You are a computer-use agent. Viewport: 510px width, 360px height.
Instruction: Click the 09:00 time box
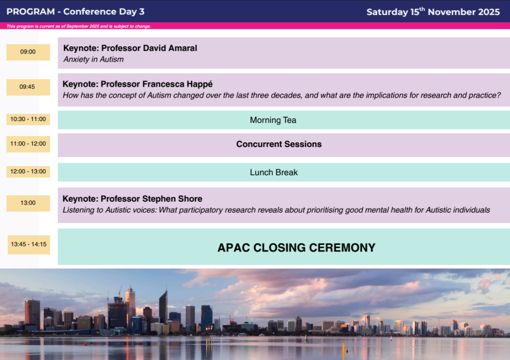coord(28,52)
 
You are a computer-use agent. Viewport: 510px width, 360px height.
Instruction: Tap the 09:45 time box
coord(28,87)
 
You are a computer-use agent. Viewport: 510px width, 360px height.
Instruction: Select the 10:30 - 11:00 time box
coord(28,120)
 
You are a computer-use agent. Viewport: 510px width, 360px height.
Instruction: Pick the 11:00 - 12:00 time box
coord(28,144)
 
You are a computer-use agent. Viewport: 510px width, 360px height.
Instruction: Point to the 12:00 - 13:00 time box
coord(28,172)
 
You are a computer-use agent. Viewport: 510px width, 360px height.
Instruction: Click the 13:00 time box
coord(28,203)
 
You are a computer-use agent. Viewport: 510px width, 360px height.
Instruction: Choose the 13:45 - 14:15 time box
coord(29,244)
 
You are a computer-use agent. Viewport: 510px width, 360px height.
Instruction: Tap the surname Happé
coord(199,84)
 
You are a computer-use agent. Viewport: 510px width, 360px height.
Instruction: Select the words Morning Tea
coord(273,120)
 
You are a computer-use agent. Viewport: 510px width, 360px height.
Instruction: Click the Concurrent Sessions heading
coord(279,144)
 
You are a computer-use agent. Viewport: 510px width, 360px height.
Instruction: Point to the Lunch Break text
coord(273,172)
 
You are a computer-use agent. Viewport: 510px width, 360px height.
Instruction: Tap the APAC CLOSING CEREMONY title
coord(296,247)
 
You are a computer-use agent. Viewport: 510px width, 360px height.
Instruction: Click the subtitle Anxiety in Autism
coord(94,59)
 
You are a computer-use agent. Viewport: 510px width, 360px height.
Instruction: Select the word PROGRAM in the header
coord(30,12)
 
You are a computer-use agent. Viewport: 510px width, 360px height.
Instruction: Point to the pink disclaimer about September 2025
coord(79,26)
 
